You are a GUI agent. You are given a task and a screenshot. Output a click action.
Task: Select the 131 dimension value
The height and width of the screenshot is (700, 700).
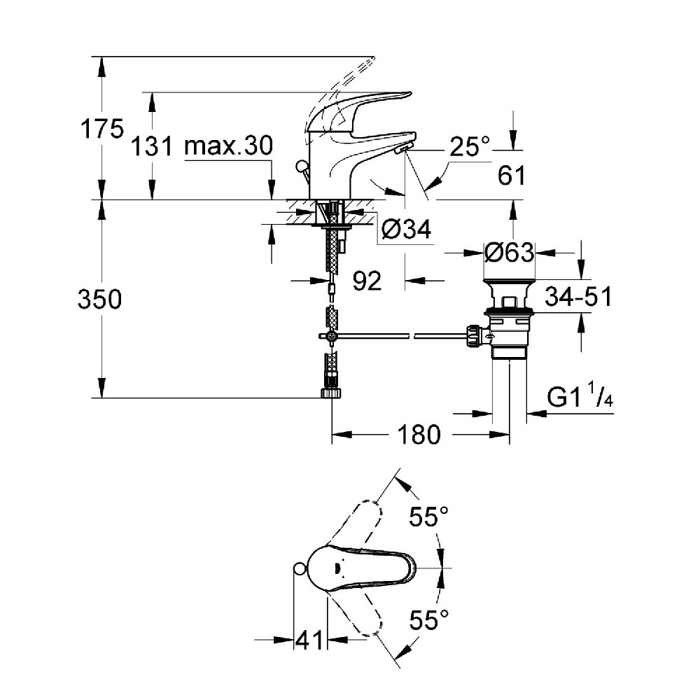tap(152, 147)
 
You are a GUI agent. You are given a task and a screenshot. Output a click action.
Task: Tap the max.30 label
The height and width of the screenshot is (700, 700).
tap(227, 146)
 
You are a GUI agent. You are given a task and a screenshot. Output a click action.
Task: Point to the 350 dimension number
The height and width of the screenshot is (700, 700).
tap(99, 300)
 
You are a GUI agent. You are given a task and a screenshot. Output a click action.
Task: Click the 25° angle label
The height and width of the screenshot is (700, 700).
tap(470, 147)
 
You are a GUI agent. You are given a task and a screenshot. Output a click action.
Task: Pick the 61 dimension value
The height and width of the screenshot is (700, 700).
tap(511, 175)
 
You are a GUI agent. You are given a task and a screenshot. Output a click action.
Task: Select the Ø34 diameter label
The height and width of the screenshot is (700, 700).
tap(407, 229)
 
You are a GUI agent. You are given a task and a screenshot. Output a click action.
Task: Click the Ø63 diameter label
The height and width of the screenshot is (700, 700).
tap(510, 252)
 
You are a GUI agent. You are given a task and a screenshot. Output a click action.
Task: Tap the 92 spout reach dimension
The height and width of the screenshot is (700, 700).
tap(367, 281)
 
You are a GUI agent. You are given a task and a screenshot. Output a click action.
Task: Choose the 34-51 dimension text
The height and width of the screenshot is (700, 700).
tap(578, 297)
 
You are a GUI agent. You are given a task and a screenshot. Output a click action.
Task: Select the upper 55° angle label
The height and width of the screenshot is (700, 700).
tap(428, 518)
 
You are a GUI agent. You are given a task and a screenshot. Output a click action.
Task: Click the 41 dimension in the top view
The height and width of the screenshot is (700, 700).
tap(309, 639)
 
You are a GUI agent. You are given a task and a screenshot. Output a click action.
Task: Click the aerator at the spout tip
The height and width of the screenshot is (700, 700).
tap(402, 149)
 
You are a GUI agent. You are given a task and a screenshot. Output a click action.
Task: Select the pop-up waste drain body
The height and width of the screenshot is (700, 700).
tap(509, 315)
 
